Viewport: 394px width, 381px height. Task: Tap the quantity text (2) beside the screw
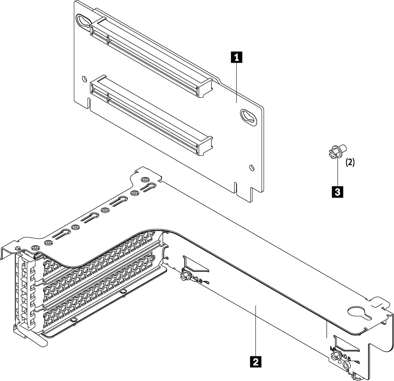350,162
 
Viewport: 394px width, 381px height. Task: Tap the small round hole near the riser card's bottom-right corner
251,168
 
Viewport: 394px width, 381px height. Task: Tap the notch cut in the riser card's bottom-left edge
89,102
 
